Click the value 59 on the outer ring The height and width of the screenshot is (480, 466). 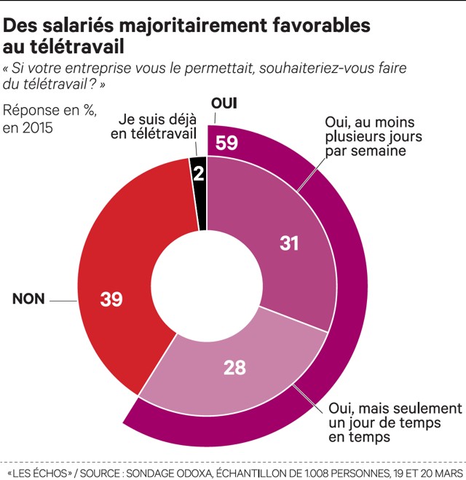[227, 142]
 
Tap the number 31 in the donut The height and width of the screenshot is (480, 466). [290, 243]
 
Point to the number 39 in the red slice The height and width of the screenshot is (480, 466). [111, 299]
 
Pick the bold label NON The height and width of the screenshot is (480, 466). [28, 299]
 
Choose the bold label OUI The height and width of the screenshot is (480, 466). [224, 102]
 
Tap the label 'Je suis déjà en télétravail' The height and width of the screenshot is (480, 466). [152, 125]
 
